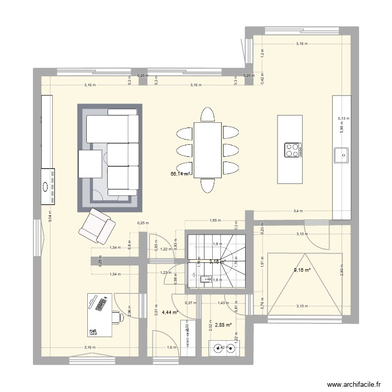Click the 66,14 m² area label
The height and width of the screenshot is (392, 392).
pyautogui.click(x=180, y=174)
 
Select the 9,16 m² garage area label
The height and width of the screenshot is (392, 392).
pyautogui.click(x=302, y=270)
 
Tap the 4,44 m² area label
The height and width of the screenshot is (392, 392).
pyautogui.click(x=170, y=313)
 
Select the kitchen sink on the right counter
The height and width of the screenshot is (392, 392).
pyautogui.click(x=342, y=154)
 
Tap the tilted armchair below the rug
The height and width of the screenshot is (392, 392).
pyautogui.click(x=97, y=224)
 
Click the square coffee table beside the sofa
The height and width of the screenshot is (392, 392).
pyautogui.click(x=90, y=164)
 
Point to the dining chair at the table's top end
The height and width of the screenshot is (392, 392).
pyautogui.click(x=207, y=114)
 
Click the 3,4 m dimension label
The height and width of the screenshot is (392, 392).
pyautogui.click(x=297, y=211)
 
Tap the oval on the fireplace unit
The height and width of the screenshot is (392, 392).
pyautogui.click(x=46, y=186)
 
